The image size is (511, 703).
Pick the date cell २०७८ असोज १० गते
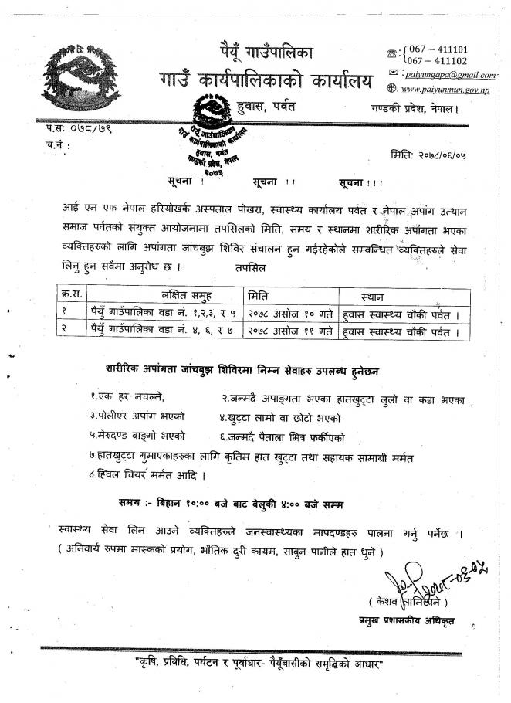point(290,314)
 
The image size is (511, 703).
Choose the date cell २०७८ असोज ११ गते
point(290,333)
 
